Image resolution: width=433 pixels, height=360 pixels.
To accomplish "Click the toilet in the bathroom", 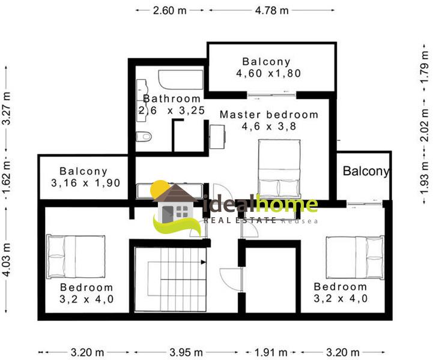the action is [144, 136].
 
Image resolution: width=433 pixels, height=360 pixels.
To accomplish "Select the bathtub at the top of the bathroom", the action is [181, 79].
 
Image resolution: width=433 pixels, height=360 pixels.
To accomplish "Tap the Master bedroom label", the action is [269, 115].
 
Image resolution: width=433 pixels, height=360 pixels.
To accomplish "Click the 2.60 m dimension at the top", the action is [170, 10].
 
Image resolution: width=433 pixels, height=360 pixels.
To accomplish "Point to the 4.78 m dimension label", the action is [271, 10].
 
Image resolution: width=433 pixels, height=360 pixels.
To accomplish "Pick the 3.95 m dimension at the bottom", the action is [186, 352].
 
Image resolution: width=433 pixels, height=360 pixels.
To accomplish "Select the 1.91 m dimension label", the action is [271, 352].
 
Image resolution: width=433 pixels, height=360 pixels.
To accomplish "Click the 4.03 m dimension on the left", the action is [6, 259].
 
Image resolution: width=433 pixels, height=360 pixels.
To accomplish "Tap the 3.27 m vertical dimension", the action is [6, 108].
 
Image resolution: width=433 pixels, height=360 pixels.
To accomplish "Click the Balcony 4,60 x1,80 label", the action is [268, 67].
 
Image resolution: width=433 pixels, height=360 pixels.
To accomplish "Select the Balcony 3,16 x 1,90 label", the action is [86, 177].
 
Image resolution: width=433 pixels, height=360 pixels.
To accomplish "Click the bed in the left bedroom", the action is [76, 257].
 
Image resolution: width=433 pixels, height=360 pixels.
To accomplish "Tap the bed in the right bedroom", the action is [355, 257].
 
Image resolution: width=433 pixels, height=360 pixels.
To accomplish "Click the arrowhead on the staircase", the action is [203, 262].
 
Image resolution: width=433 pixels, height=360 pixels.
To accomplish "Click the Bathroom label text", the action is [172, 98].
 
